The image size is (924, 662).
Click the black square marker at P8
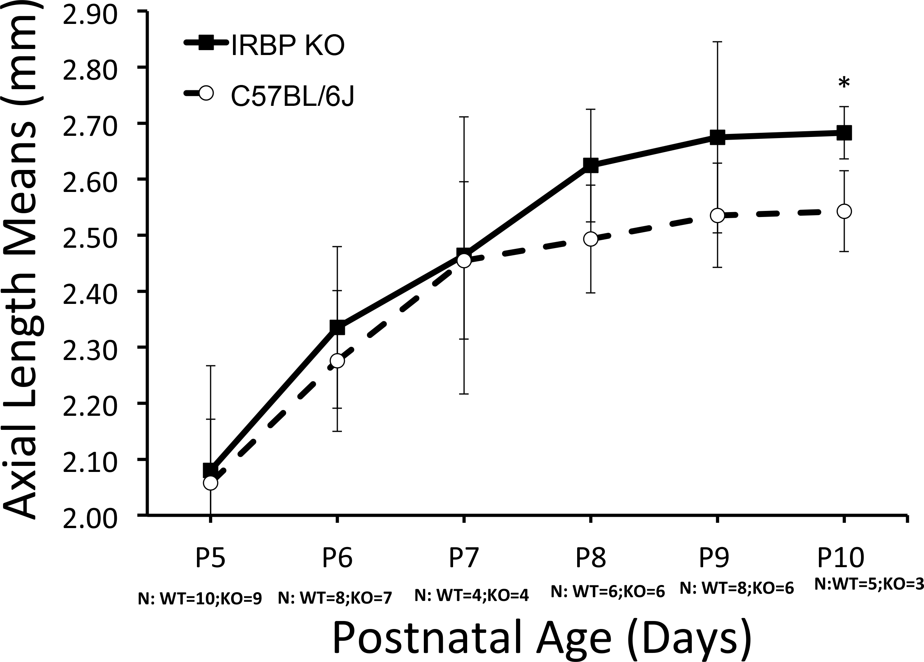591,165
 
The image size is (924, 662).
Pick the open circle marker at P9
718,215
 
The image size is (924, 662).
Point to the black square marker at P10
844,133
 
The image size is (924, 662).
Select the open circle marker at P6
337,361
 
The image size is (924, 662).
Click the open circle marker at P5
211,483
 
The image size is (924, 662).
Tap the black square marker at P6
337,327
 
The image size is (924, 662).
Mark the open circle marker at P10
844,212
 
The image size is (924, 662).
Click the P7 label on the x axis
464,558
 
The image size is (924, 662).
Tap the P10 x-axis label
841,558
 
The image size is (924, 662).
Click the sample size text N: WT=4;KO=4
471,596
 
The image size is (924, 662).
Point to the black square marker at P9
718,137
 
